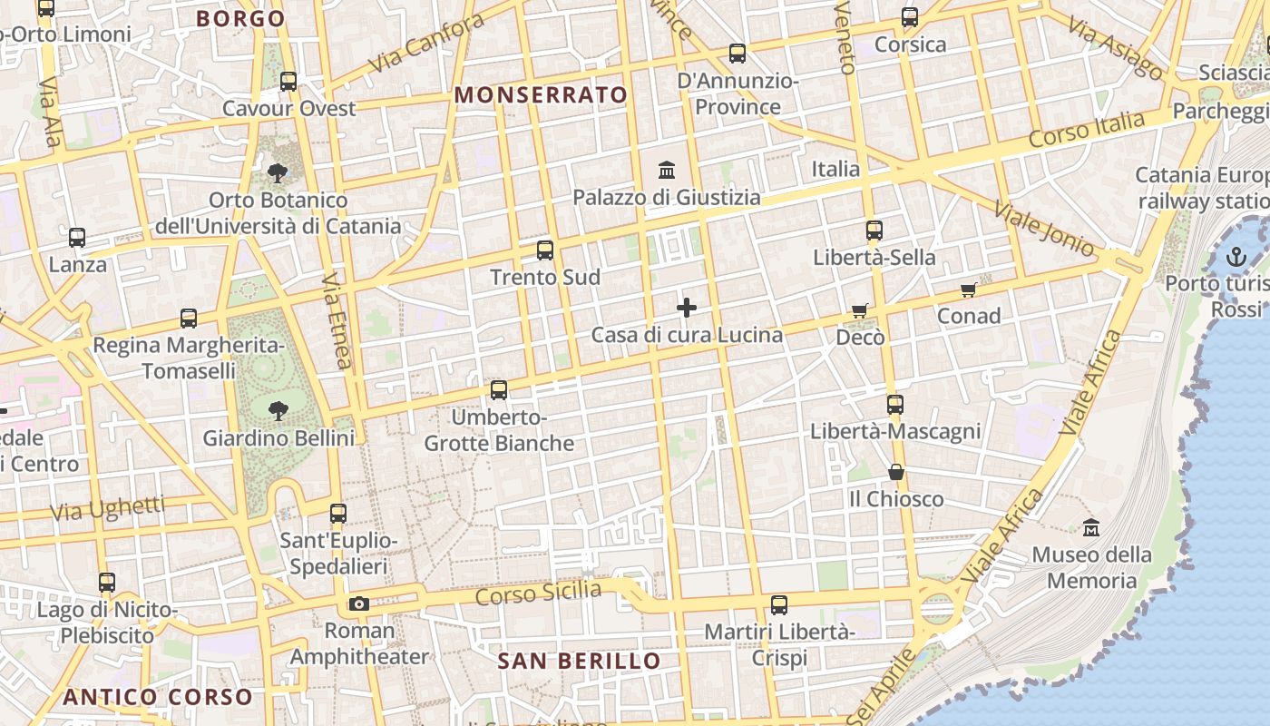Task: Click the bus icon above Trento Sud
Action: (545, 250)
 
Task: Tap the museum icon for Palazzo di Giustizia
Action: (667, 170)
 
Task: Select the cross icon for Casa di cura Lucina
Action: (687, 309)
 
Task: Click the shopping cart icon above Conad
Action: (968, 290)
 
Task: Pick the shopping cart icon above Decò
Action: (859, 311)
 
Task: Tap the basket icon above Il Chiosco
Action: (895, 472)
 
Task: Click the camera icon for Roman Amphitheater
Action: (359, 603)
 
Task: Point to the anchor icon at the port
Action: (1236, 257)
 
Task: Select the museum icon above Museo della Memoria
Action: (1091, 527)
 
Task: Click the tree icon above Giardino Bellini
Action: (278, 411)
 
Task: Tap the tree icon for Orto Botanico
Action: (278, 172)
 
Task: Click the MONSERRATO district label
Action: (541, 94)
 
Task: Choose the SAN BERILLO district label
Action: (580, 661)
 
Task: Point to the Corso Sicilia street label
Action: (538, 594)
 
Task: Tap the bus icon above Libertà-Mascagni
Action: (895, 405)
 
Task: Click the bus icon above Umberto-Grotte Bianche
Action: (499, 390)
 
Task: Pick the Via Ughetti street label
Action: (107, 508)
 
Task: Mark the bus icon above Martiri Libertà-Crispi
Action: (778, 604)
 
